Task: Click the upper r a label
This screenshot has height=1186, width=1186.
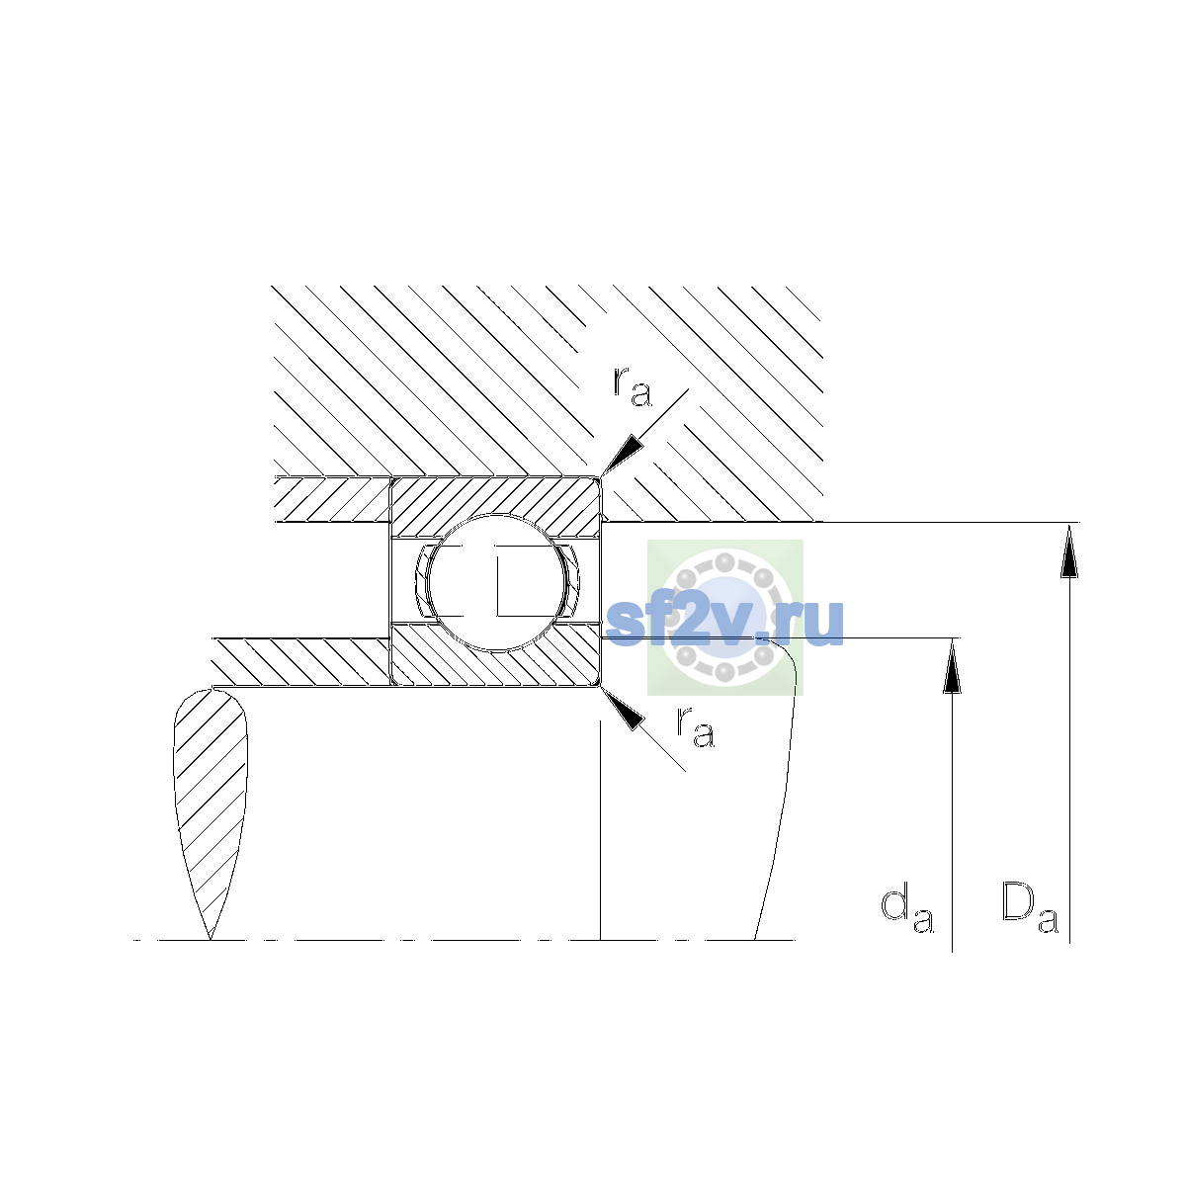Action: point(633,387)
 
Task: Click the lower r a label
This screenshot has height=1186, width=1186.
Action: point(696,726)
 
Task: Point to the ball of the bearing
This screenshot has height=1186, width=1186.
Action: point(496,582)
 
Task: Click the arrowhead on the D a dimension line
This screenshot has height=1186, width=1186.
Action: point(1069,551)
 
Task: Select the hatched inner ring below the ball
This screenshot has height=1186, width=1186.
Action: point(495,655)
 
